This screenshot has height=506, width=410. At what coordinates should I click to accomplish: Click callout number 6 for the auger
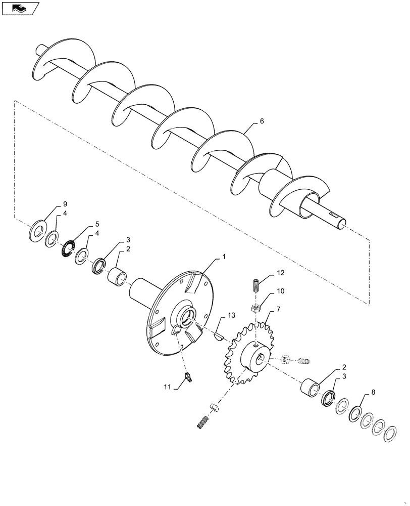click(x=262, y=121)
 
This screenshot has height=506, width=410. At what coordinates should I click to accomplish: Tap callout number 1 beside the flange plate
click(x=223, y=257)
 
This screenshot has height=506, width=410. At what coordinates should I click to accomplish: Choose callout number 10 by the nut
click(x=280, y=292)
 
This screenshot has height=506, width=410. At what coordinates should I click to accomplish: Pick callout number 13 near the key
click(x=231, y=316)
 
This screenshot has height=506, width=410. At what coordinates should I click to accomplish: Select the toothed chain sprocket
click(x=237, y=354)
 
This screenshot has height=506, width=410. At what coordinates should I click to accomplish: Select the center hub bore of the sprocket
click(x=261, y=358)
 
